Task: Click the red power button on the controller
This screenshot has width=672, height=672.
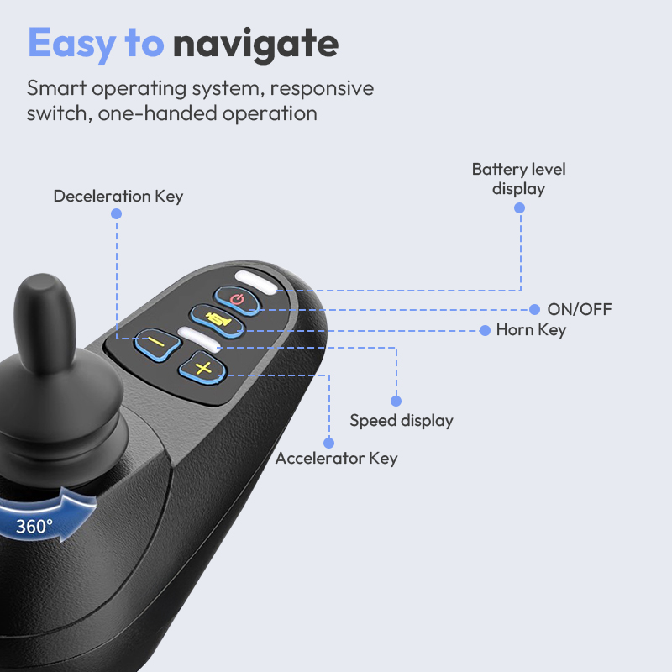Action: point(237,300)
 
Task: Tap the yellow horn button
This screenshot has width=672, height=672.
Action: point(218,320)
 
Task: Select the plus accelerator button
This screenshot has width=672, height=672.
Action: point(202,368)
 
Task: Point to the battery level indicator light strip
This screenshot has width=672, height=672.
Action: point(256,282)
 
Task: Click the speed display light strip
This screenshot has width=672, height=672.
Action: point(199,339)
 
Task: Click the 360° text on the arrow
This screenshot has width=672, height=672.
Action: point(34,527)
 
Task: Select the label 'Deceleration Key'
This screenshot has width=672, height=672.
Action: point(118,197)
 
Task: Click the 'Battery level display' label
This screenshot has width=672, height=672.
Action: point(518,179)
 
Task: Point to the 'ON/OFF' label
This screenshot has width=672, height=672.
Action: point(580,309)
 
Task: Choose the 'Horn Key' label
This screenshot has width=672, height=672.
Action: point(531,330)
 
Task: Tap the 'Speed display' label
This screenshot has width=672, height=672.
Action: point(402,421)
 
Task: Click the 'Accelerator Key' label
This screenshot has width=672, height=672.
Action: point(337,459)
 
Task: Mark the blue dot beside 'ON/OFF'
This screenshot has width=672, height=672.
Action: point(534,309)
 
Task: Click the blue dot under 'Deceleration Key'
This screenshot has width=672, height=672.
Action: point(116,213)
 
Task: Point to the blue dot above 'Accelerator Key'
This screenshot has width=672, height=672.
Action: point(328,443)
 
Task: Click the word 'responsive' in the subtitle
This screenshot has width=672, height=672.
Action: point(322,89)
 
